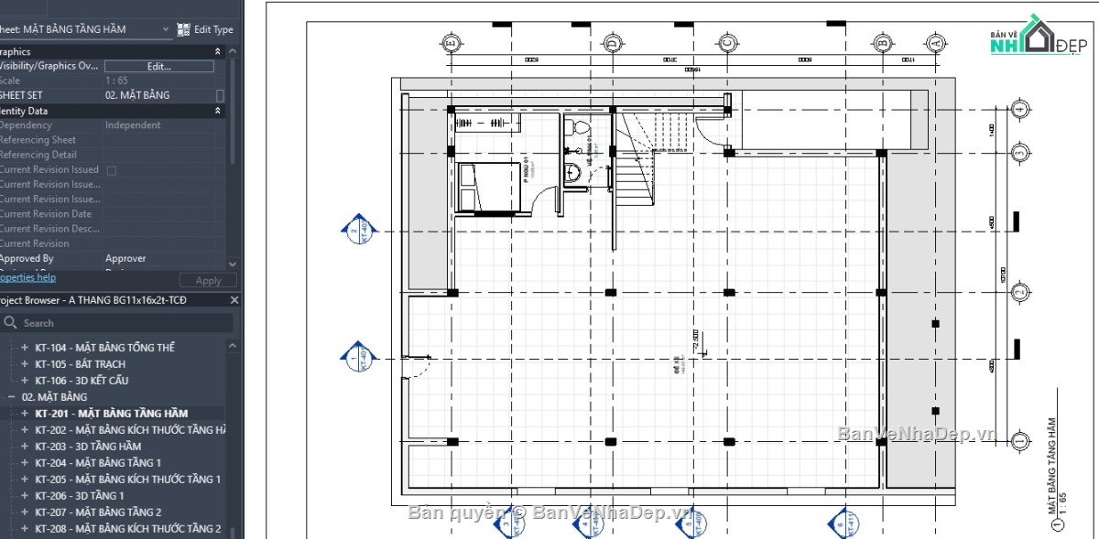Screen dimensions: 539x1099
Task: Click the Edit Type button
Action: [x=205, y=29]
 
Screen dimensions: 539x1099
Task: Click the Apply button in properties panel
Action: [x=208, y=281]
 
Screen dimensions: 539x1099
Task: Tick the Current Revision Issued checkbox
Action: [x=112, y=170]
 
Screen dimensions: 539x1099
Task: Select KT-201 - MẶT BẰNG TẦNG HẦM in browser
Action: [x=111, y=414]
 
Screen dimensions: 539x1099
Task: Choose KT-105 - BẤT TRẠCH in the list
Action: [x=80, y=364]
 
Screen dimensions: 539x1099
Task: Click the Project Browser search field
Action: [x=119, y=323]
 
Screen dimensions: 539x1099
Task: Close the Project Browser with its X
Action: [x=234, y=300]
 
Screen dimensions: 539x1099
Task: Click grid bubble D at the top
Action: [x=612, y=42]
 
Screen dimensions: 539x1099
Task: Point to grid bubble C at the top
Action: [x=727, y=42]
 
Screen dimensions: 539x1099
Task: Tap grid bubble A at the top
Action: [x=935, y=42]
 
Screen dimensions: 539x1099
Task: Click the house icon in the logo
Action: [x=1038, y=37]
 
